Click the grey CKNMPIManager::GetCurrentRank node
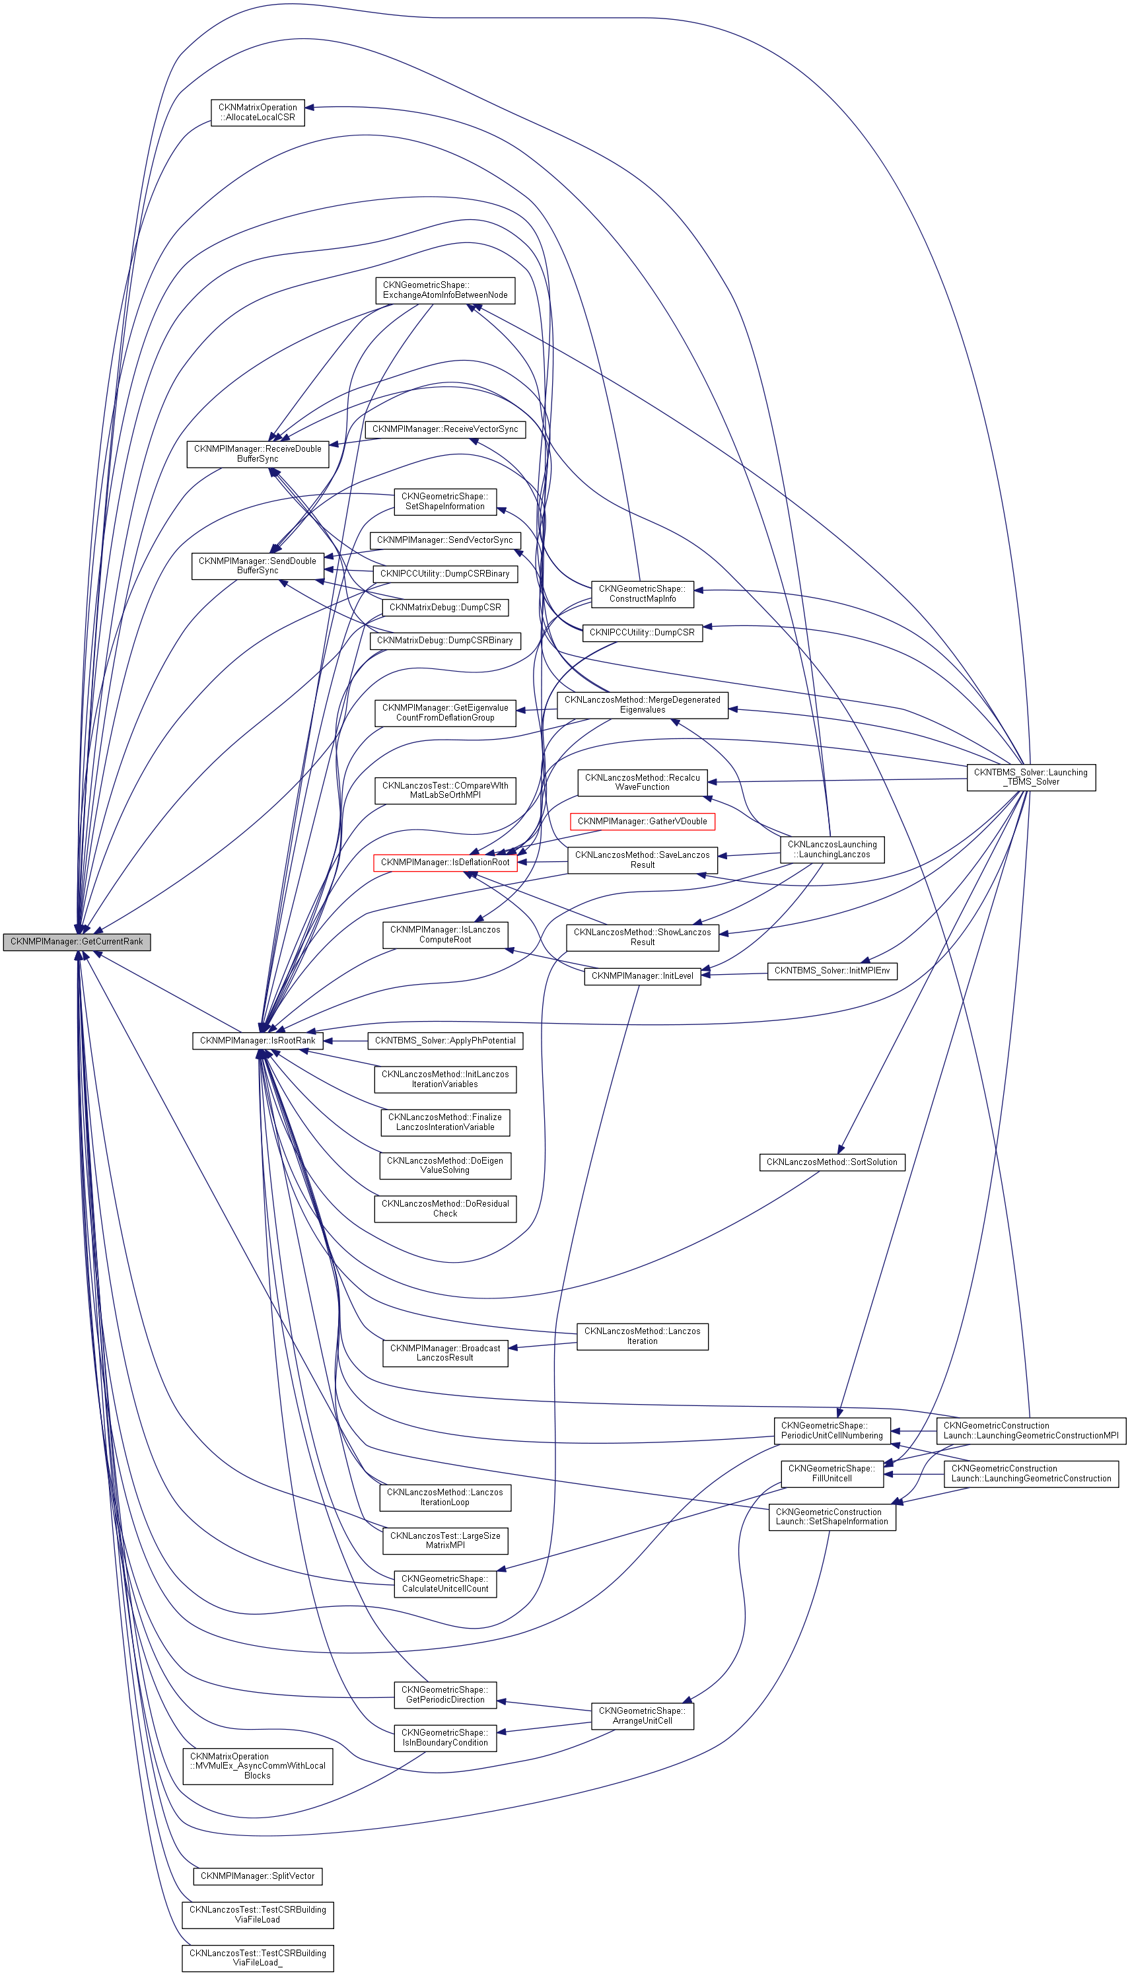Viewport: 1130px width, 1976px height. click(76, 941)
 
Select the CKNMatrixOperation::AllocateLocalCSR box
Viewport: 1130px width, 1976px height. click(258, 112)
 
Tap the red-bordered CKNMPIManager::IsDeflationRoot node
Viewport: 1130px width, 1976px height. click(444, 863)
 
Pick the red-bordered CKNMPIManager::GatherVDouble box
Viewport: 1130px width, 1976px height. click(642, 821)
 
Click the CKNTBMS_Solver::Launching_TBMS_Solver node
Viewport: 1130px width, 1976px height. click(1031, 777)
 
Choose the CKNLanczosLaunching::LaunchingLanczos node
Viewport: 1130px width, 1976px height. click(832, 849)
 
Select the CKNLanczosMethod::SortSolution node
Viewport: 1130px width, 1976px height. click(831, 1162)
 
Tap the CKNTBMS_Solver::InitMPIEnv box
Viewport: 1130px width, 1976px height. click(832, 970)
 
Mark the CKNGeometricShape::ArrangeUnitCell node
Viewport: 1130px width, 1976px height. click(642, 1715)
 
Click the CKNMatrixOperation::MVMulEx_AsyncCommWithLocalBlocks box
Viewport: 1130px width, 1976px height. click(258, 1766)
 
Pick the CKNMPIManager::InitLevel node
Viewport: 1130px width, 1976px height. click(642, 975)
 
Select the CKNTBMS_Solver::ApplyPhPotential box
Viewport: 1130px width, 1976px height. click(444, 1040)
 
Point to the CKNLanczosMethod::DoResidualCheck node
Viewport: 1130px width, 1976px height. click(444, 1209)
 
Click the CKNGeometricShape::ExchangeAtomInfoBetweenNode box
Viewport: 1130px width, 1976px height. click(444, 291)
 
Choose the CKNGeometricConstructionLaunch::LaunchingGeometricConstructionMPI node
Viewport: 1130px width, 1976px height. click(1031, 1430)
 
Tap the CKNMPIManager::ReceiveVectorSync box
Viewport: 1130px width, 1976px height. click(444, 429)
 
